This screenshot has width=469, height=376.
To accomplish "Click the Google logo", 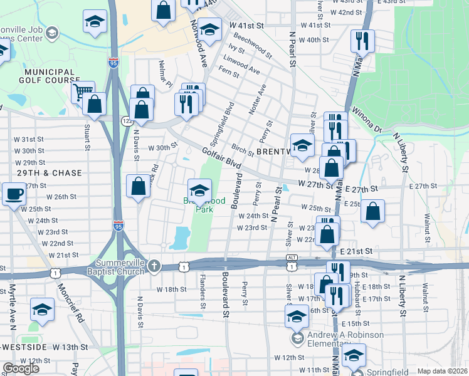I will click(21, 368).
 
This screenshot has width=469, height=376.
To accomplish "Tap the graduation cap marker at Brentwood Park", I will click(200, 189).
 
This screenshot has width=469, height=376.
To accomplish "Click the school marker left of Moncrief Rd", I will click(42, 309).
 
